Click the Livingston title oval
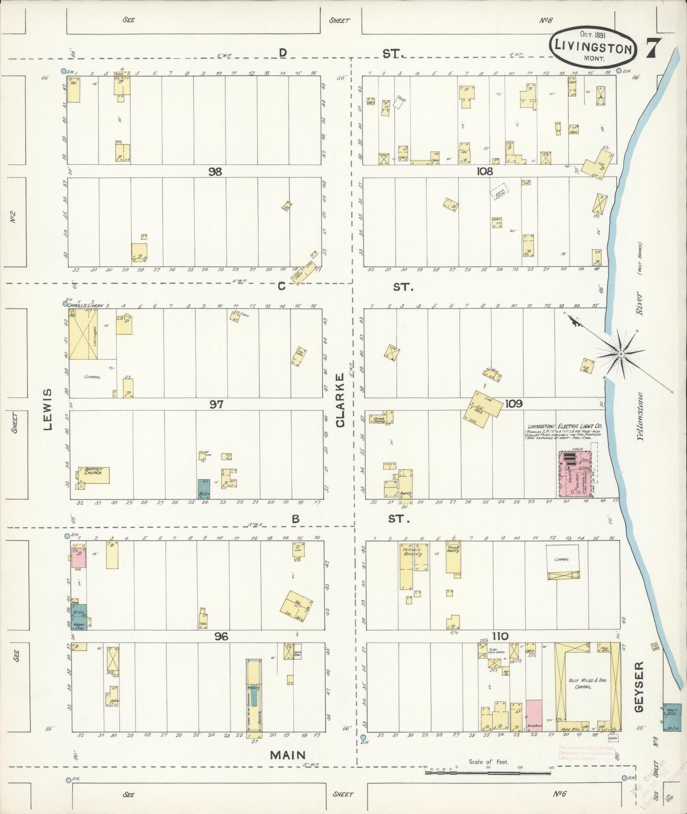click(x=593, y=48)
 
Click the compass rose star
click(x=620, y=354)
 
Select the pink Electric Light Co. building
click(x=577, y=473)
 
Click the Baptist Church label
click(x=94, y=471)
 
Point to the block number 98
click(x=215, y=172)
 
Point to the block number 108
click(x=484, y=171)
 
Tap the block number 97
click(x=216, y=404)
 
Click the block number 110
click(x=500, y=636)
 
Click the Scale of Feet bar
click(x=487, y=772)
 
